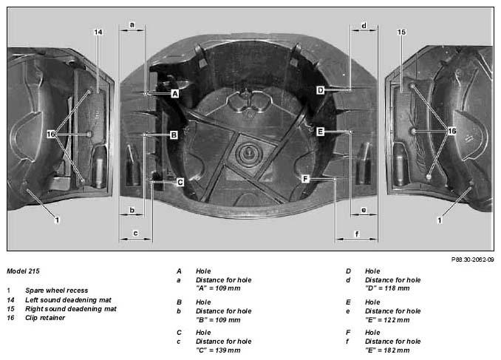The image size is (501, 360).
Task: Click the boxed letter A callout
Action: [x=175, y=94]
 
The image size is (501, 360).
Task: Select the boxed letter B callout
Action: [x=174, y=135]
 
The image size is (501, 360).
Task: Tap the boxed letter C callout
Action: [x=180, y=183]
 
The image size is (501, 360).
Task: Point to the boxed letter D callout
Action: [x=320, y=90]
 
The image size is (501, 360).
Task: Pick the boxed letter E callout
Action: [x=320, y=132]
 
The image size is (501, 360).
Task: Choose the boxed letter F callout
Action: [x=305, y=179]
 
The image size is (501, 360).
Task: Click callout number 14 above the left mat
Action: [x=98, y=32]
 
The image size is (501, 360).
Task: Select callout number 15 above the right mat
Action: [x=401, y=32]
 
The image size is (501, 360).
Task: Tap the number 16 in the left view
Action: [x=51, y=134]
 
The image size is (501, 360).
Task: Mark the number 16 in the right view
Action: [x=451, y=131]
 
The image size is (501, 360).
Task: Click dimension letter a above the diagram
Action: [x=132, y=24]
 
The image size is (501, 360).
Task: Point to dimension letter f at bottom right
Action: [x=357, y=234]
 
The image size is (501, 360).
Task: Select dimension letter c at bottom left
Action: [x=135, y=233]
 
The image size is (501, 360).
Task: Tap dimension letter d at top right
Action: [x=364, y=25]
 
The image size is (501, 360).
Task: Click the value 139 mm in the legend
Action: [x=228, y=350]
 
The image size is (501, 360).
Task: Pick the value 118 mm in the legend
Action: [x=397, y=288]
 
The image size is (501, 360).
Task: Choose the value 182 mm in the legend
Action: [x=397, y=350]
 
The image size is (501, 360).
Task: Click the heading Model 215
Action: [x=23, y=271]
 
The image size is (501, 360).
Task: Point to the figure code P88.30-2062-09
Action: [x=473, y=259]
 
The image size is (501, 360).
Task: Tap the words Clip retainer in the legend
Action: [x=45, y=318]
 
